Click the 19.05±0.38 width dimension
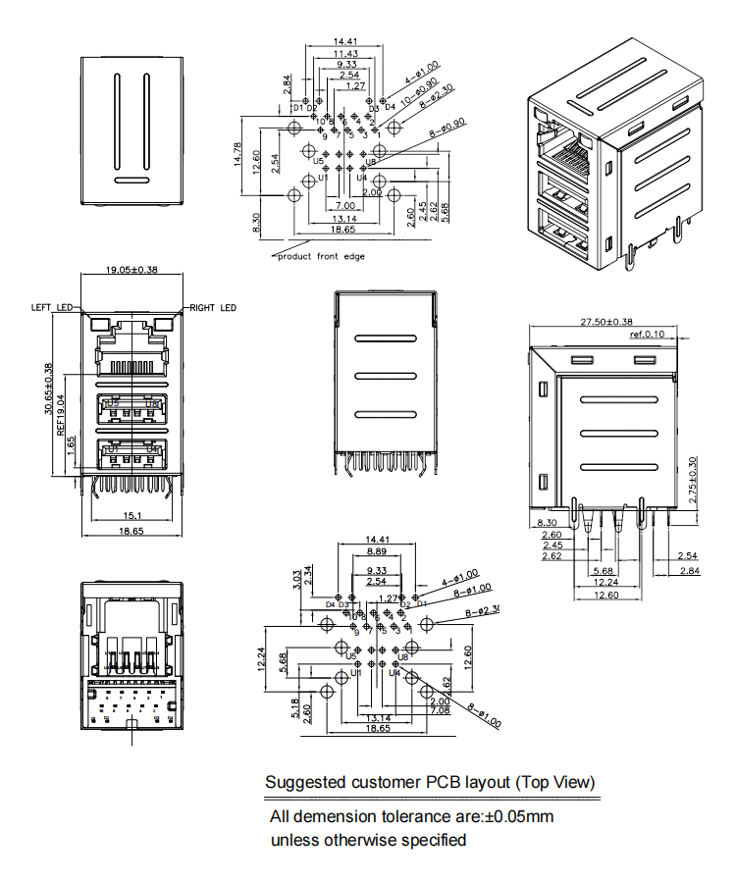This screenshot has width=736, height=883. point(131,270)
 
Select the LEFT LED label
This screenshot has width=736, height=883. point(53,308)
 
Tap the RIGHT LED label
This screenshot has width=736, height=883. point(213,308)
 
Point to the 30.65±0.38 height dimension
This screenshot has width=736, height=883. point(48,390)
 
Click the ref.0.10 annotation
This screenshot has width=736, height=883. point(648,335)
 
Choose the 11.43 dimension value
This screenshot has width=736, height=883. point(345,53)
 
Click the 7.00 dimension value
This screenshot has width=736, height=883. point(343,206)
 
